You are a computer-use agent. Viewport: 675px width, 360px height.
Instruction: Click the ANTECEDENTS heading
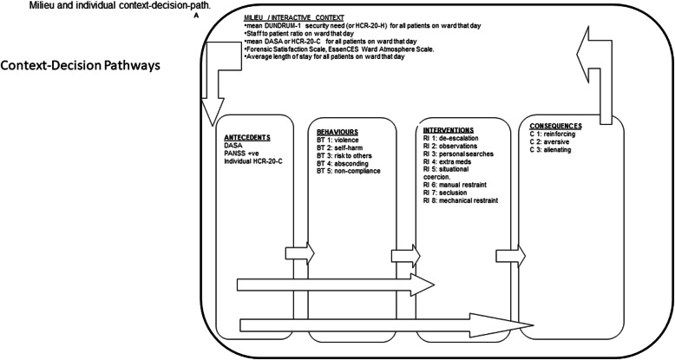point(246,136)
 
